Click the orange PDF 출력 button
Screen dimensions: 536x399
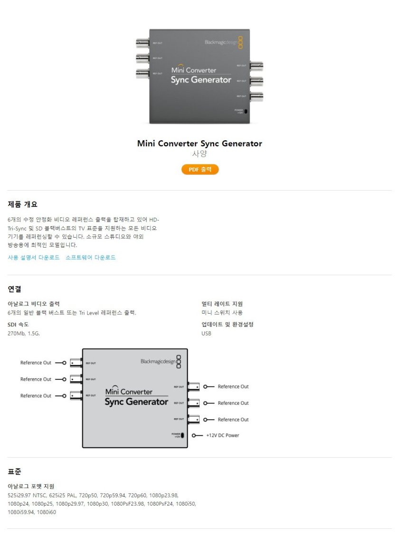point(200,170)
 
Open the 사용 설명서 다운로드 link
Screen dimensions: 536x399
point(34,258)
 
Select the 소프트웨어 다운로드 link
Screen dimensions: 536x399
point(90,258)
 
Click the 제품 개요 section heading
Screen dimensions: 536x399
point(23,204)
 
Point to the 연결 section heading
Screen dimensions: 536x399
point(15,289)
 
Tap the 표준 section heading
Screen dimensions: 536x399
point(15,471)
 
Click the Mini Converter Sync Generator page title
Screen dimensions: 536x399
point(199,144)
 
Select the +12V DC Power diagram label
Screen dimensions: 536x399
point(222,435)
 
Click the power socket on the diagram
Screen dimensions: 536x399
point(182,435)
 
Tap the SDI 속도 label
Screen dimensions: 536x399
point(19,325)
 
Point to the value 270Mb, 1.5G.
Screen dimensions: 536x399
point(24,334)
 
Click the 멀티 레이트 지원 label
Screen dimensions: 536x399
point(222,304)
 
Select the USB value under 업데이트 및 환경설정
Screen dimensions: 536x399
point(206,334)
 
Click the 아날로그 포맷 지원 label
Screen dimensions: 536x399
point(31,486)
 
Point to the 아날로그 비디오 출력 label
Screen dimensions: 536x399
point(34,304)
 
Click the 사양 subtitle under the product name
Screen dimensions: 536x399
point(199,154)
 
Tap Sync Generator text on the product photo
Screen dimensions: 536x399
point(201,80)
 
